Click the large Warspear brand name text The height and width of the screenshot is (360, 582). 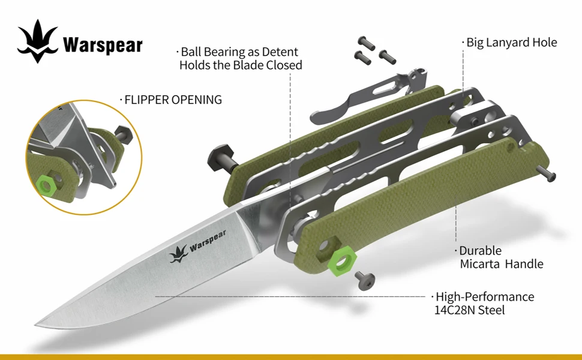103,46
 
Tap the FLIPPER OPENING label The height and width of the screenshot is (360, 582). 172,100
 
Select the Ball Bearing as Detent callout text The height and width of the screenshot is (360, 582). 240,58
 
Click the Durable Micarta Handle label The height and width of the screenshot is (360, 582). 501,257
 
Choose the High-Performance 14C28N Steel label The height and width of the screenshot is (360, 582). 484,303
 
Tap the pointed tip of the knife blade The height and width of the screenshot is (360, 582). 37,325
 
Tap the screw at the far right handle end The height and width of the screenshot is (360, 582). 548,174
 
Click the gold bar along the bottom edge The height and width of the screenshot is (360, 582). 291,356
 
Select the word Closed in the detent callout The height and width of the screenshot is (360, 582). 285,65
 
